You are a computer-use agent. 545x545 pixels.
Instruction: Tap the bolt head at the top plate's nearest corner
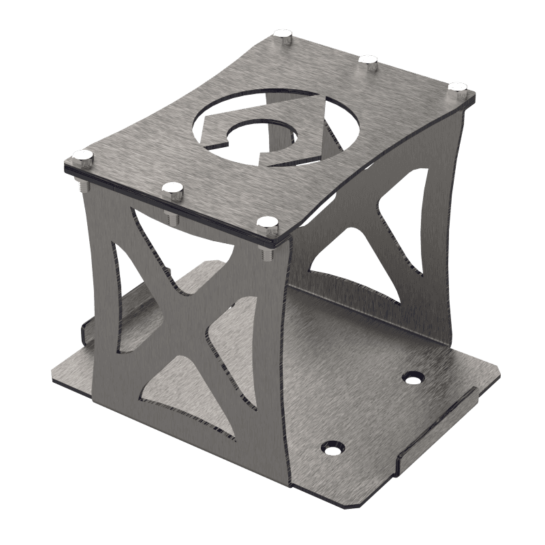pos(268,222)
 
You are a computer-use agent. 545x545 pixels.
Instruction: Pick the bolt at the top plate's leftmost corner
pos(83,157)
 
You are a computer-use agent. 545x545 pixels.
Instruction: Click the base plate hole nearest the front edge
pos(334,448)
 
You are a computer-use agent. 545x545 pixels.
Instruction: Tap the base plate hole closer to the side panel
pos(412,376)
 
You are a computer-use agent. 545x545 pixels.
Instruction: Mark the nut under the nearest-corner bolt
pos(266,255)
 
